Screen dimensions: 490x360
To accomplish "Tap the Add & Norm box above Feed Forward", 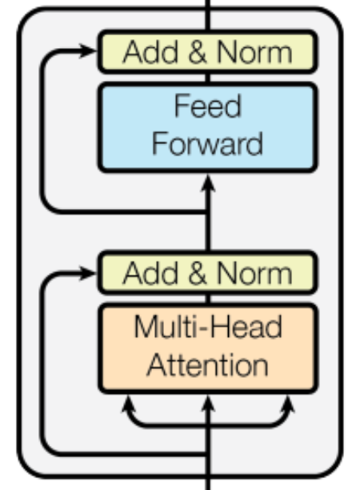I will [208, 53].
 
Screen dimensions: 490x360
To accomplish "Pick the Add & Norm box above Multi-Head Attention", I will [208, 273].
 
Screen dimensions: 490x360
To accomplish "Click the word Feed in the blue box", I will [207, 107].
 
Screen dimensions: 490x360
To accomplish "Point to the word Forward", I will [207, 144].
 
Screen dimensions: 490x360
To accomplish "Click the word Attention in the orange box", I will [208, 366].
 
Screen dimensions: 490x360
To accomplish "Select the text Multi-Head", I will [208, 328].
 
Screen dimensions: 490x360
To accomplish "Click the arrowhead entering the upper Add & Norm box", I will [90, 52].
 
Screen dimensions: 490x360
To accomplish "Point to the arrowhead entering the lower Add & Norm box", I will [90, 273].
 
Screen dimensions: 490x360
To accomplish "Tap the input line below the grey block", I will [208, 483].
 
